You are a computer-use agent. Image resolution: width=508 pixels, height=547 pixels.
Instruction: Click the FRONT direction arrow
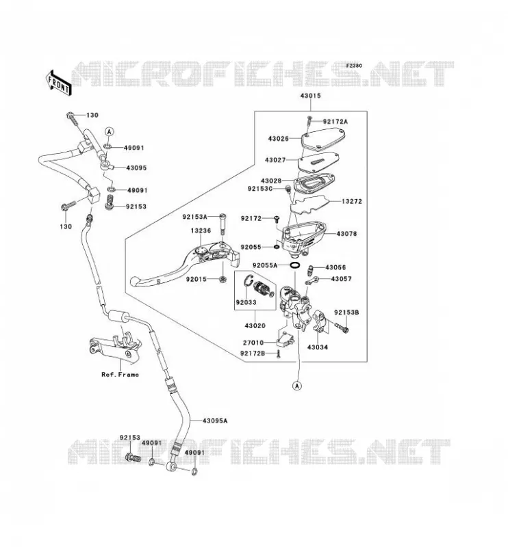59,83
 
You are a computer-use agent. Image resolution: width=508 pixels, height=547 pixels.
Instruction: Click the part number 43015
310,96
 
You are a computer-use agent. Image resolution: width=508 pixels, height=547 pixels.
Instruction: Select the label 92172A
335,122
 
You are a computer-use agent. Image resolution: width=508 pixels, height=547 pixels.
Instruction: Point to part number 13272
352,201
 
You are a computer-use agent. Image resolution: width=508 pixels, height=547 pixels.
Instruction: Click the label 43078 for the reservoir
346,234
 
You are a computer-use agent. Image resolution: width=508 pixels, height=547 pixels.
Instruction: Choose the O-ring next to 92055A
295,266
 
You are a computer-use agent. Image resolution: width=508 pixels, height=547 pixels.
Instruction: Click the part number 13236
201,231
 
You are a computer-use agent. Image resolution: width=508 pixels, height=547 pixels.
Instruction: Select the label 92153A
194,217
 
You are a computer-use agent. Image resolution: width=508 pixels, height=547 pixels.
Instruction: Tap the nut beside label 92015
222,279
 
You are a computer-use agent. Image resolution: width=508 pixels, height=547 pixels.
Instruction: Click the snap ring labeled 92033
249,281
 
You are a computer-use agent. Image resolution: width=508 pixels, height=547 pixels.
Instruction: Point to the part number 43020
255,326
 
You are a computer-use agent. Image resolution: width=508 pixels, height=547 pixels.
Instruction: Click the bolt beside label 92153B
342,328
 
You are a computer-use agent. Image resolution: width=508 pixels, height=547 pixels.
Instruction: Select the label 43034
318,347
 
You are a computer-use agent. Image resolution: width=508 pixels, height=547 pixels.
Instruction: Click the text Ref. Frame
120,375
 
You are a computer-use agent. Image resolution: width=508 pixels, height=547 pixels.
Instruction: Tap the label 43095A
215,421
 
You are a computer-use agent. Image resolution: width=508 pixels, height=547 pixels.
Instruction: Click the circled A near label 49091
110,131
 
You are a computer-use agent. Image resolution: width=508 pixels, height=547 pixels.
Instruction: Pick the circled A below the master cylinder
297,386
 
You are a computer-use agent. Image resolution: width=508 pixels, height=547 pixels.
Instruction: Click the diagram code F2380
354,66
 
